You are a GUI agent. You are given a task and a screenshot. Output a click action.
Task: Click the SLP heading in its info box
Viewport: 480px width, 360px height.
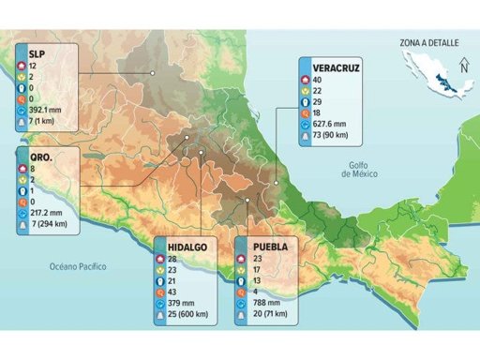(x=37, y=53)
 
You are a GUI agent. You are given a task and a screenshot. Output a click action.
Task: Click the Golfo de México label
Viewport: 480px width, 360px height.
(x=359, y=169)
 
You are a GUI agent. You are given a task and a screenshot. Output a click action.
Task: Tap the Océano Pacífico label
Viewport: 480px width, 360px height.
(x=79, y=267)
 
